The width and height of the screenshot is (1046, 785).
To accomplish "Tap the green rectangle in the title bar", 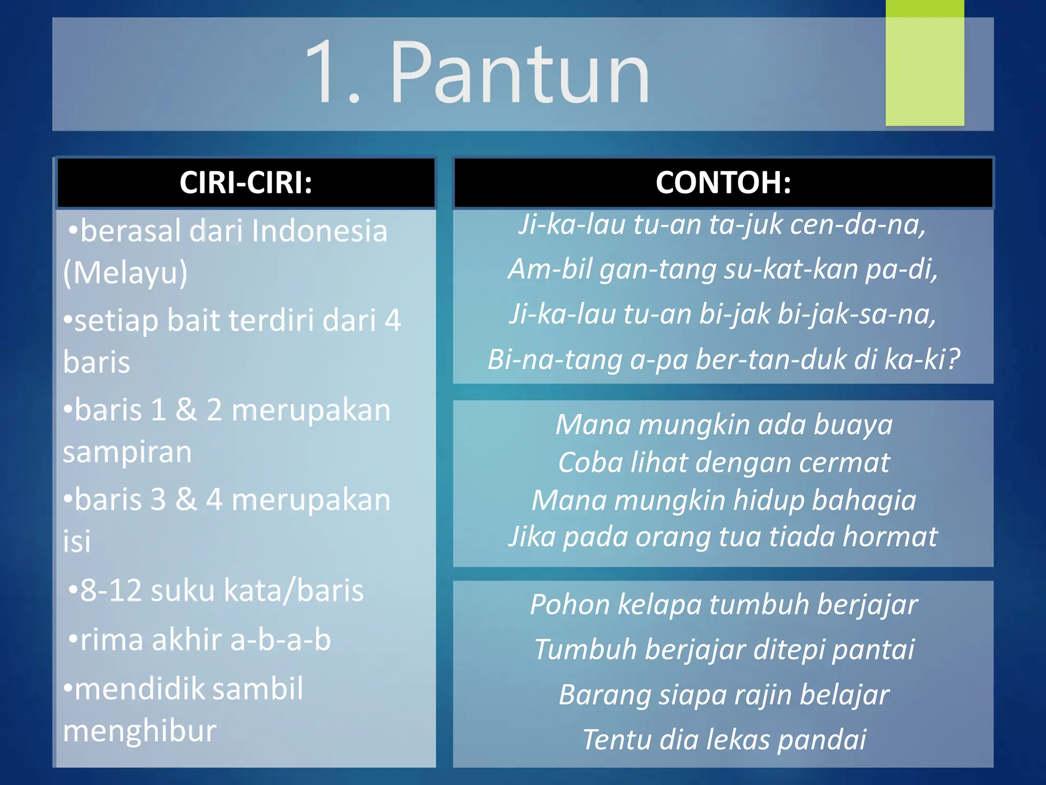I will point(924,64).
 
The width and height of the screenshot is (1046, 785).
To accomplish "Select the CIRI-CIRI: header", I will point(246,182).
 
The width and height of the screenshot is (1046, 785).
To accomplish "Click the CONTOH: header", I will point(723,182).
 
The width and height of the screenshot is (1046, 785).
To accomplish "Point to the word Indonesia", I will point(319,231).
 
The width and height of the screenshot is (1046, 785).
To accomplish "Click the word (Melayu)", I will point(126,272).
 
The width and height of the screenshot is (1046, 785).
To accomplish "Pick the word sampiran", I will point(127,452).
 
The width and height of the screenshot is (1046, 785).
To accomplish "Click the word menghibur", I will point(139,730).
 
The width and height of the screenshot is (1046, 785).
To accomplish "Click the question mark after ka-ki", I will point(954,359).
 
